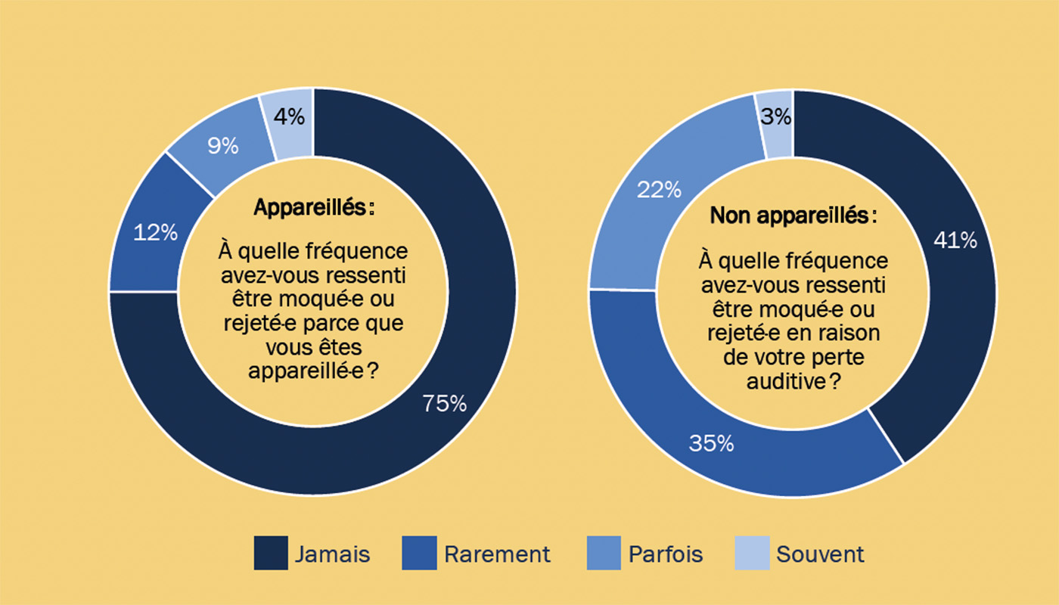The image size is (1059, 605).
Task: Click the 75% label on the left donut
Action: click(444, 404)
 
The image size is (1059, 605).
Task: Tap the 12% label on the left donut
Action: click(155, 233)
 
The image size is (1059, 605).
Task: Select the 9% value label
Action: click(222, 145)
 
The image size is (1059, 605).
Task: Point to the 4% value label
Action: click(289, 117)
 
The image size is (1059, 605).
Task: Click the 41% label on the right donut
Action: click(955, 240)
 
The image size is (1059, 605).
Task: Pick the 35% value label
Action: click(711, 443)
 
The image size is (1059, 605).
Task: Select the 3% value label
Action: click(776, 117)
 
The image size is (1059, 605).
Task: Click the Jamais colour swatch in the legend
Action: click(271, 553)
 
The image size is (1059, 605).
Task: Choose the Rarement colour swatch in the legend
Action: click(421, 553)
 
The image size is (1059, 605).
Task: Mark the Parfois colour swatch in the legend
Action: click(604, 553)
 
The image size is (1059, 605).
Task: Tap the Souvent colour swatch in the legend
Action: click(752, 553)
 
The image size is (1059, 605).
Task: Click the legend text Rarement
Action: click(497, 554)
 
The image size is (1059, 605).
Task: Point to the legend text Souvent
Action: click(820, 554)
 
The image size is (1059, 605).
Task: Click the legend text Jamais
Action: click(332, 554)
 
